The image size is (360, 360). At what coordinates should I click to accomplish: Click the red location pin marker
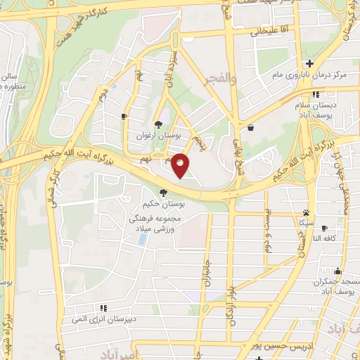point(181,165)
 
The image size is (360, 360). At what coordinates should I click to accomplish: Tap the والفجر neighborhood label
point(217,79)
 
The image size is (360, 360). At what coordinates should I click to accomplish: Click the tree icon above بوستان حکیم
point(163,192)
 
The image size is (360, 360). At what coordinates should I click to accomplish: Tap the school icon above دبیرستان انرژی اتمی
point(104,307)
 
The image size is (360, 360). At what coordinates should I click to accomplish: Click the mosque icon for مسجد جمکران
point(338,271)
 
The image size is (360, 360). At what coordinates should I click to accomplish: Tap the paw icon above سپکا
point(306,212)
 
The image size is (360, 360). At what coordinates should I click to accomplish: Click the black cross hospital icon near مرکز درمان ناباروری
point(309,64)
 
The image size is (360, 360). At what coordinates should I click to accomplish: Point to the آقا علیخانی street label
point(264,32)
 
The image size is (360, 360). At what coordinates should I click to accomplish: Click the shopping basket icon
point(251,127)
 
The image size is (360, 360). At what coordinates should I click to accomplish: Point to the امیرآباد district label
point(116,352)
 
